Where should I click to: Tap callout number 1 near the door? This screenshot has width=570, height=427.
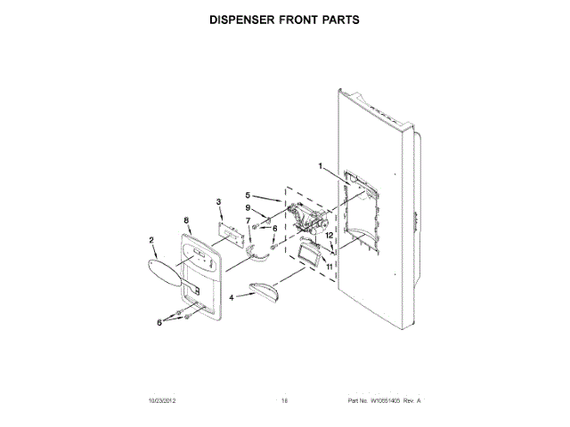pyautogui.click(x=322, y=165)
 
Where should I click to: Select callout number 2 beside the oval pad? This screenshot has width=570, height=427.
pyautogui.click(x=152, y=239)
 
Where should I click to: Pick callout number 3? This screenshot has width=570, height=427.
pyautogui.click(x=218, y=204)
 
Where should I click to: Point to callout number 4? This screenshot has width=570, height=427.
pyautogui.click(x=232, y=298)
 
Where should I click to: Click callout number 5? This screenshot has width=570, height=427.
pyautogui.click(x=248, y=194)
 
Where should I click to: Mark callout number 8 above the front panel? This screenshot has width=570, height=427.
pyautogui.click(x=185, y=220)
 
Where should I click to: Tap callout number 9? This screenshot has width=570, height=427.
pyautogui.click(x=249, y=208)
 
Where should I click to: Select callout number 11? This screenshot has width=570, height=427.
pyautogui.click(x=328, y=265)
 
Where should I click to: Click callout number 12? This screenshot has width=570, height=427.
pyautogui.click(x=329, y=235)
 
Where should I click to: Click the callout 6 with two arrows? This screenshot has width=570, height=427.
pyautogui.click(x=160, y=321)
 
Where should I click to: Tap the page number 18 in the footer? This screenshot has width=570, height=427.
pyautogui.click(x=285, y=401)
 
